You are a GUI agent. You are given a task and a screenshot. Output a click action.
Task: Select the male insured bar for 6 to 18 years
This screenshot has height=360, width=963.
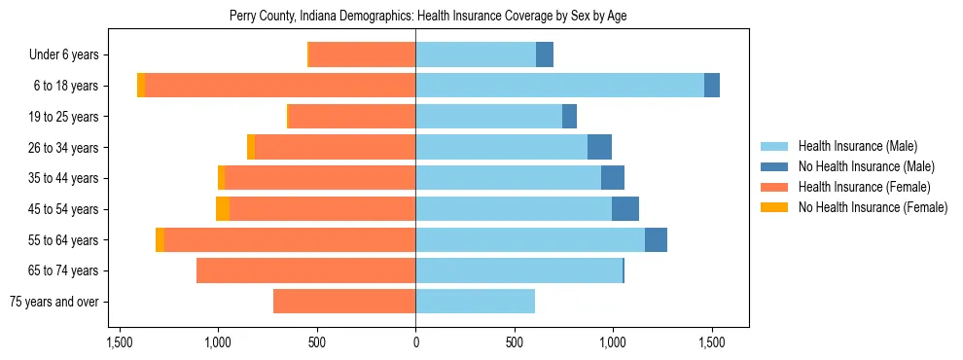[559, 86]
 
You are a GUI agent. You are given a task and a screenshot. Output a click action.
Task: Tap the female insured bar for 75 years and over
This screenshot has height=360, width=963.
[344, 302]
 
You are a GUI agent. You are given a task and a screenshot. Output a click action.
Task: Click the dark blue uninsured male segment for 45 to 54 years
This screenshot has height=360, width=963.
[625, 209]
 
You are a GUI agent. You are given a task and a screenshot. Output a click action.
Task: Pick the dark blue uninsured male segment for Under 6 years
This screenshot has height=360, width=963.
[545, 54]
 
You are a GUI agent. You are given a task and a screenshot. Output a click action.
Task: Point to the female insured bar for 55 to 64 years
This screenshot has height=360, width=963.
[290, 240]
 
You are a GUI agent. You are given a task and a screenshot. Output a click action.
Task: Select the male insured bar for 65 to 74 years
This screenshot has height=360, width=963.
[518, 270]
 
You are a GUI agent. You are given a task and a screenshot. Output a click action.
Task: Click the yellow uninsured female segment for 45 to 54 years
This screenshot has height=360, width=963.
[223, 209]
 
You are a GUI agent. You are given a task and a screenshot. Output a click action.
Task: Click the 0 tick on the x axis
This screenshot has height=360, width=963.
[415, 342]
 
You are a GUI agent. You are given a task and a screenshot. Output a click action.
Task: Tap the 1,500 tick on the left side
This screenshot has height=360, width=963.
[120, 342]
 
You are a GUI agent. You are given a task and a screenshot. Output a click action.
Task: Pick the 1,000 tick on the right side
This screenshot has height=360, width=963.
[612, 342]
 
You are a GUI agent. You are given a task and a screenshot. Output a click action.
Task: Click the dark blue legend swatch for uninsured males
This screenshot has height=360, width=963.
[775, 166]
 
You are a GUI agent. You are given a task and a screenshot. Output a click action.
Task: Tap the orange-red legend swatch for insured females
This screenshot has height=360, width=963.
[775, 187]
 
